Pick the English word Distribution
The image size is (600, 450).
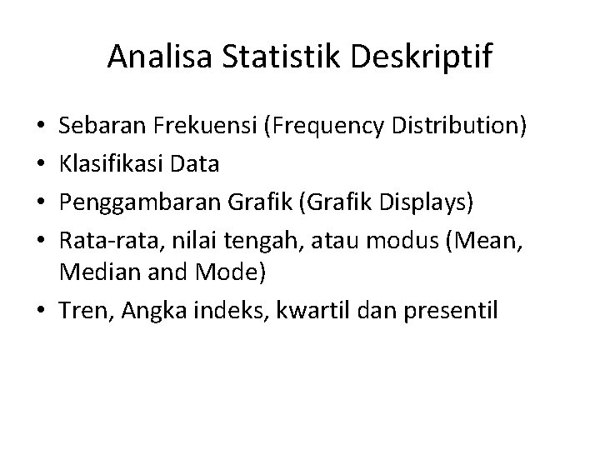(462, 127)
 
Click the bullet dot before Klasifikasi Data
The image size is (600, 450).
(42, 164)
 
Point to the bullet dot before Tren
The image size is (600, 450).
(42, 311)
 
